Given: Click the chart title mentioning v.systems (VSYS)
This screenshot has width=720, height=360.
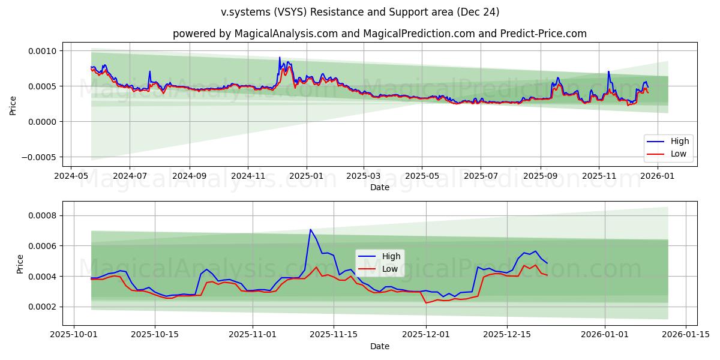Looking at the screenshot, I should tap(360, 12).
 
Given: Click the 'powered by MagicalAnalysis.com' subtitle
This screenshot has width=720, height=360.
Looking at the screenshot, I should tap(379, 34).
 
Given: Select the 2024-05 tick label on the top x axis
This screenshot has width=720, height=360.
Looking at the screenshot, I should tap(71, 176).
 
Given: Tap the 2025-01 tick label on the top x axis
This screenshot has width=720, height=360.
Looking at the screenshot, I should tap(306, 176).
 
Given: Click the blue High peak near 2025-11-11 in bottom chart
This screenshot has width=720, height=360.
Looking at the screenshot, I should tap(310, 229).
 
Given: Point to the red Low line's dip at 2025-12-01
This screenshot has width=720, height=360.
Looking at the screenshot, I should tap(426, 302).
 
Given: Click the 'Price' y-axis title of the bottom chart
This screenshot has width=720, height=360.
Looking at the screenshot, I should tap(21, 264).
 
